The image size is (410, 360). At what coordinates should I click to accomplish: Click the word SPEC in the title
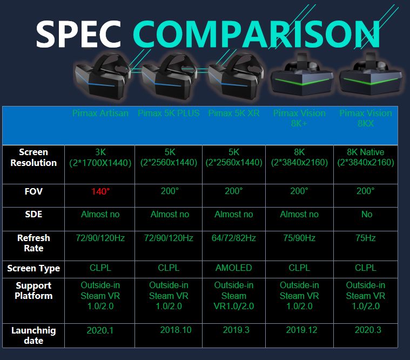tap(78, 34)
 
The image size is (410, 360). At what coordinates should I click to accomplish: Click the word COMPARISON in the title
tap(257, 34)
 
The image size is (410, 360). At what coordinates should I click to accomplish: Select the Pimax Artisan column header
tap(100, 113)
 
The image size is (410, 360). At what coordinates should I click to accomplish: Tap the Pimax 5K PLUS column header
tap(169, 113)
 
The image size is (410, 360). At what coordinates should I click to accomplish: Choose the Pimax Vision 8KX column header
tap(366, 118)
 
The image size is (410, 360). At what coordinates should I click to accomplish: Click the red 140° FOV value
tap(100, 191)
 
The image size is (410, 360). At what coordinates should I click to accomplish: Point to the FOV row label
tap(33, 191)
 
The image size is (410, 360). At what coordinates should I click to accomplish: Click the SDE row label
tap(33, 214)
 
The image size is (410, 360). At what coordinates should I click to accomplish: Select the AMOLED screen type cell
tap(234, 268)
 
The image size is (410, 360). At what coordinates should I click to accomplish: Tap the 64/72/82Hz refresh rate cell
tap(234, 238)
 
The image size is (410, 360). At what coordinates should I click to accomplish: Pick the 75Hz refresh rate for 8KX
tap(366, 238)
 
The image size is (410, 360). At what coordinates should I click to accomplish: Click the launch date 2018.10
tap(176, 330)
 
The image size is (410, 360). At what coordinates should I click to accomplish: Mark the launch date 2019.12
tap(301, 330)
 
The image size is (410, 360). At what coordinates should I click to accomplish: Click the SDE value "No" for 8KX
tap(367, 214)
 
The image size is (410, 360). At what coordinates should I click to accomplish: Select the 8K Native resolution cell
tap(366, 157)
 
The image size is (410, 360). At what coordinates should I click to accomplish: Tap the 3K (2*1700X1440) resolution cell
tap(100, 157)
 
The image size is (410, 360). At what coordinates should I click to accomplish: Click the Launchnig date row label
tap(33, 336)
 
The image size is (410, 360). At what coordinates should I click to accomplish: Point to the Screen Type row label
tap(33, 269)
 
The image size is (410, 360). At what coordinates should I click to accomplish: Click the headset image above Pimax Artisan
tap(103, 76)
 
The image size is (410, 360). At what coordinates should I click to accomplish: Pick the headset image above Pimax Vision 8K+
tap(302, 75)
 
